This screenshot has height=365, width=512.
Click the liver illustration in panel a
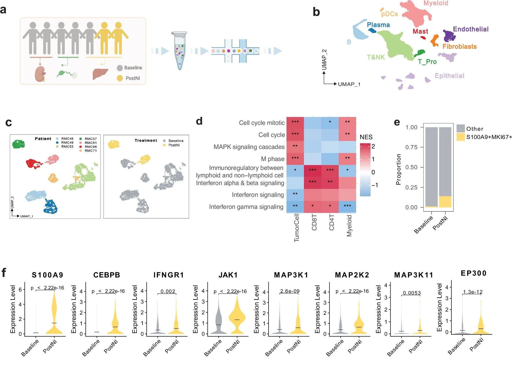[x=100, y=74]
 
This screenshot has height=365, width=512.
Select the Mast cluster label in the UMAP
[x=420, y=31]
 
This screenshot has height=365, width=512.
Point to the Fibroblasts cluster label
[x=459, y=47]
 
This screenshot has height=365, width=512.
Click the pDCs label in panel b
[x=389, y=14]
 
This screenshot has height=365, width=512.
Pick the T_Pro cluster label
[x=427, y=62]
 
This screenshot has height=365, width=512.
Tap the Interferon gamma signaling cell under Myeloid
[x=347, y=206]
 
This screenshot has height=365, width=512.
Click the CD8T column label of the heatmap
[x=314, y=222]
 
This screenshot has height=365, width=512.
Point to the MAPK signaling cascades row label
[x=249, y=147]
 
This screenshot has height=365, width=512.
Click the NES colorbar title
[x=366, y=137]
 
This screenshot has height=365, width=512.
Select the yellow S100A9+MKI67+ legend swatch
[x=460, y=137]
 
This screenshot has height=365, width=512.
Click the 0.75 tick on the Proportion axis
[x=411, y=147]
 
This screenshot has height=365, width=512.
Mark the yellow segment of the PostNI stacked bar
[x=445, y=202]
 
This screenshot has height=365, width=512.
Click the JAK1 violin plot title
[x=228, y=275]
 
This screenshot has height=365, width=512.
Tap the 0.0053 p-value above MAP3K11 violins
[x=412, y=293]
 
